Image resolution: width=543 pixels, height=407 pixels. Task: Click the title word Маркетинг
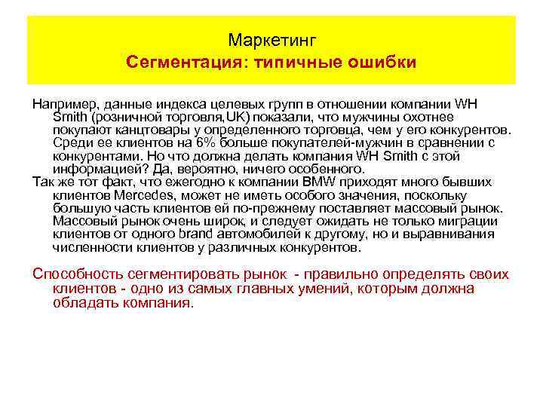[271, 38]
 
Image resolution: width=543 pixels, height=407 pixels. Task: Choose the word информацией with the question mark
[96, 167]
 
